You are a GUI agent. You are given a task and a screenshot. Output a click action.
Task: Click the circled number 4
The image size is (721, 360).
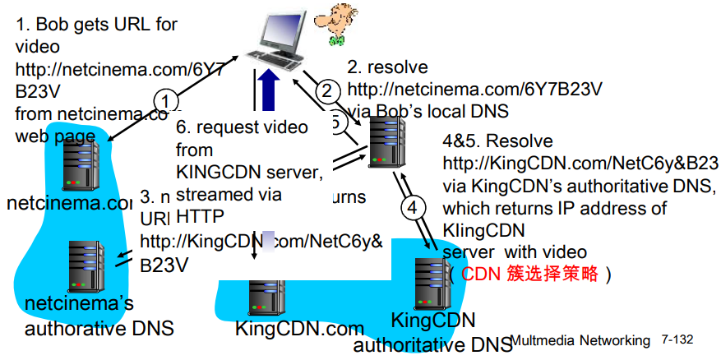tap(416, 207)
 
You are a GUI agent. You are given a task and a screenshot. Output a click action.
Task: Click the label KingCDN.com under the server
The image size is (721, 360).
tap(288, 330)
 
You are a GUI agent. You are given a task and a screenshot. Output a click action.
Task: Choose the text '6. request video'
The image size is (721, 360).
tap(243, 127)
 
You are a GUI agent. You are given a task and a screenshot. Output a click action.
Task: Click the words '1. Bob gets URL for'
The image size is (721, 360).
tap(96, 24)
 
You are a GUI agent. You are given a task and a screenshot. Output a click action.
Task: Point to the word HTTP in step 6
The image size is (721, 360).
tap(199, 215)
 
